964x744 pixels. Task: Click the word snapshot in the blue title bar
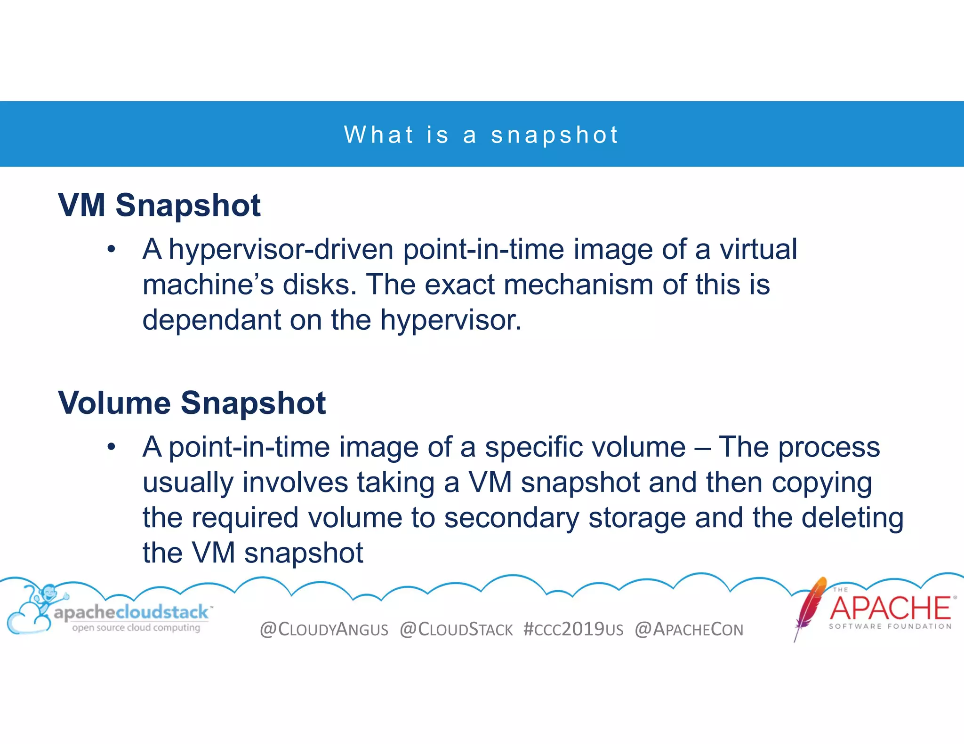pos(554,135)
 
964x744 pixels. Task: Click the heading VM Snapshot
pos(159,206)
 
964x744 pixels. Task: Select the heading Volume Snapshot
pos(192,403)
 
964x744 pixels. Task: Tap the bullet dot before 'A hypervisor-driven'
pos(111,249)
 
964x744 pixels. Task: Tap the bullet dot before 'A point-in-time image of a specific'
pos(111,447)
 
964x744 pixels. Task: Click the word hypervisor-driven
pos(281,249)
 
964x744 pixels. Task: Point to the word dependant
pos(211,320)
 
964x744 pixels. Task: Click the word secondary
pos(512,518)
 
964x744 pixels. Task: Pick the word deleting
pos(852,518)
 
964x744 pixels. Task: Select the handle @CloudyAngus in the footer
pos(324,629)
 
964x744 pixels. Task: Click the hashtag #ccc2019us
pos(573,629)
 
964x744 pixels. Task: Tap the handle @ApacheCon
pos(689,629)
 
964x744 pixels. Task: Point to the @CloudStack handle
pos(456,629)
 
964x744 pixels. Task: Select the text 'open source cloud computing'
pos(136,628)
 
